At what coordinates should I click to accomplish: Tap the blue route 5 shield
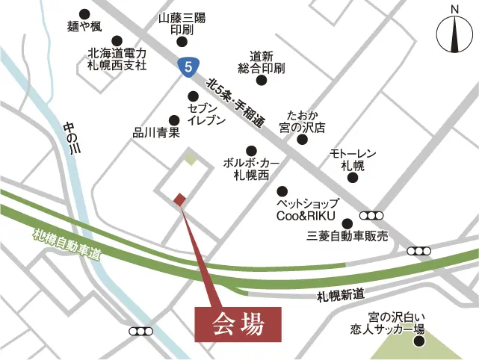pos(188,66)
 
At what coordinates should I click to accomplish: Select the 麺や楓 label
pos(84,28)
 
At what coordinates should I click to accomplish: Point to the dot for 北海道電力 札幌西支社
pos(117,41)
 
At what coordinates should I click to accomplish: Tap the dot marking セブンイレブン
pos(194,96)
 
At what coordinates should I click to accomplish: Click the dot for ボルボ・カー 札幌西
pos(251,150)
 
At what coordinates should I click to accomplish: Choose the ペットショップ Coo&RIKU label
pos(308,209)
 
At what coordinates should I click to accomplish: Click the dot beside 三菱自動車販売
pos(347,223)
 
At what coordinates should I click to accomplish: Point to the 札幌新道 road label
pos(339,294)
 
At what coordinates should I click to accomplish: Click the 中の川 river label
pos(72,138)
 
